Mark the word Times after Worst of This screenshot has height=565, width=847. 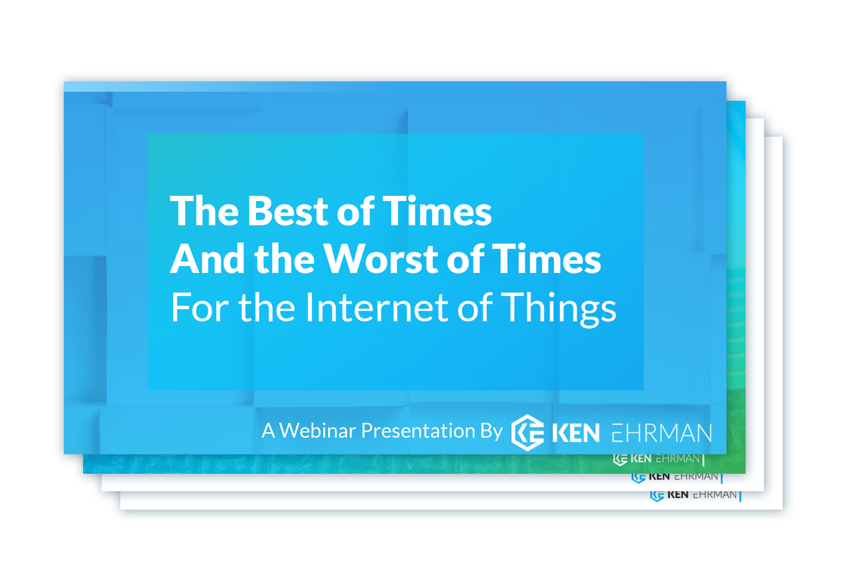(x=547, y=259)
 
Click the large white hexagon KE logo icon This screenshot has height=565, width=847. (x=528, y=433)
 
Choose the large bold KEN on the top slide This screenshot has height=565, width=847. (x=576, y=433)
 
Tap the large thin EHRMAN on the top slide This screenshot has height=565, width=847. (x=662, y=433)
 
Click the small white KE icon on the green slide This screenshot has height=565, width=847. (x=620, y=459)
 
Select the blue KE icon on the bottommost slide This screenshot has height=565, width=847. (x=657, y=496)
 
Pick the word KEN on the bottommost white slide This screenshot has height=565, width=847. (x=678, y=495)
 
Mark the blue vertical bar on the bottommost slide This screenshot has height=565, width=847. (x=740, y=496)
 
